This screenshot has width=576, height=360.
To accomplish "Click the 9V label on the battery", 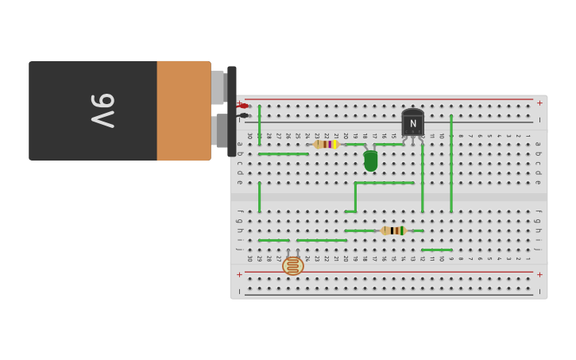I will point(102,110).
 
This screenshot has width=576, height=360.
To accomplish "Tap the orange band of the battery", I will point(183,110).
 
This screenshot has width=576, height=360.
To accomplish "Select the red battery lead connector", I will point(244,106).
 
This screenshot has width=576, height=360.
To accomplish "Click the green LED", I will point(370,161).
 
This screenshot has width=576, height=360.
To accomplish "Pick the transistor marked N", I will point(412,123).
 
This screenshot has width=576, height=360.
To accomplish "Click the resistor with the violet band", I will point(326,145).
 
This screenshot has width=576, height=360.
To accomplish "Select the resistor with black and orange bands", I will point(393,230).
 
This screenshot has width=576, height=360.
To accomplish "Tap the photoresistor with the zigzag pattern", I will point(292,265).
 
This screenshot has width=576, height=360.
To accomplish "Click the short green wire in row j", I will point(436,250).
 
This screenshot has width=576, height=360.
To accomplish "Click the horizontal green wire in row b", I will point(283,154).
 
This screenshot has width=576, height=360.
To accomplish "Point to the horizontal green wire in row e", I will point(385,183).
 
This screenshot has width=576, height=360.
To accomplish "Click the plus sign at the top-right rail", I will point(539,103).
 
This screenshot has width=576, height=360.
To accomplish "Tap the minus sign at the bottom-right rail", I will point(539,292).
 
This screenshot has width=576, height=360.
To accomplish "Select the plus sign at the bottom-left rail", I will point(239,275).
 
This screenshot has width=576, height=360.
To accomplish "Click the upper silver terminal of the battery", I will point(218,87).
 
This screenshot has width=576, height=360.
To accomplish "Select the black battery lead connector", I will point(244,116).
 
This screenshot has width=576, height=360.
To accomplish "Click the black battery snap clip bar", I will point(232,110).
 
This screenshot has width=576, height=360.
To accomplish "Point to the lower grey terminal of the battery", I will point(221,130).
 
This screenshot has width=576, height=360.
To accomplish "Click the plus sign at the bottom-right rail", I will point(539,275).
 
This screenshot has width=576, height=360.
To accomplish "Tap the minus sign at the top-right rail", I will point(539,120).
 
